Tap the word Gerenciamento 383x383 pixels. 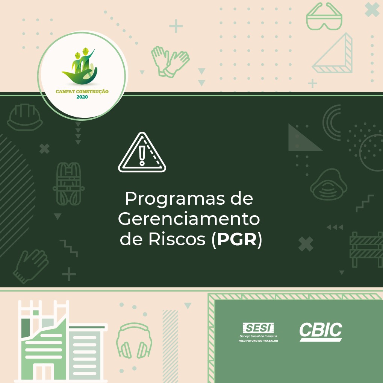pos(189,219)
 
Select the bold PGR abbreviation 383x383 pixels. pos(237,239)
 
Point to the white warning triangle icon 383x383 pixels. pos(142,152)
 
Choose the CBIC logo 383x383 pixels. pos(321,331)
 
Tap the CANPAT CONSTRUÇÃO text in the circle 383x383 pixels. pos(82,91)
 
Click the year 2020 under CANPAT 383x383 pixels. pos(82,97)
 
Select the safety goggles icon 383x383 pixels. pos(324,17)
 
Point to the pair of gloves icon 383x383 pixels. pos(170,62)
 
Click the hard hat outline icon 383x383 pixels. pos(25,117)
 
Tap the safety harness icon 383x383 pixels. pos(69,184)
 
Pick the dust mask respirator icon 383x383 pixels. pos(329,184)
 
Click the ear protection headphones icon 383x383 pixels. pos(134,341)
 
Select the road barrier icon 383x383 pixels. pos(366,249)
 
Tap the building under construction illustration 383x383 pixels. pos(61,341)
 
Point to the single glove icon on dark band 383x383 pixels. pos(31,266)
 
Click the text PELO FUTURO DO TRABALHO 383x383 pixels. pos(258,341)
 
